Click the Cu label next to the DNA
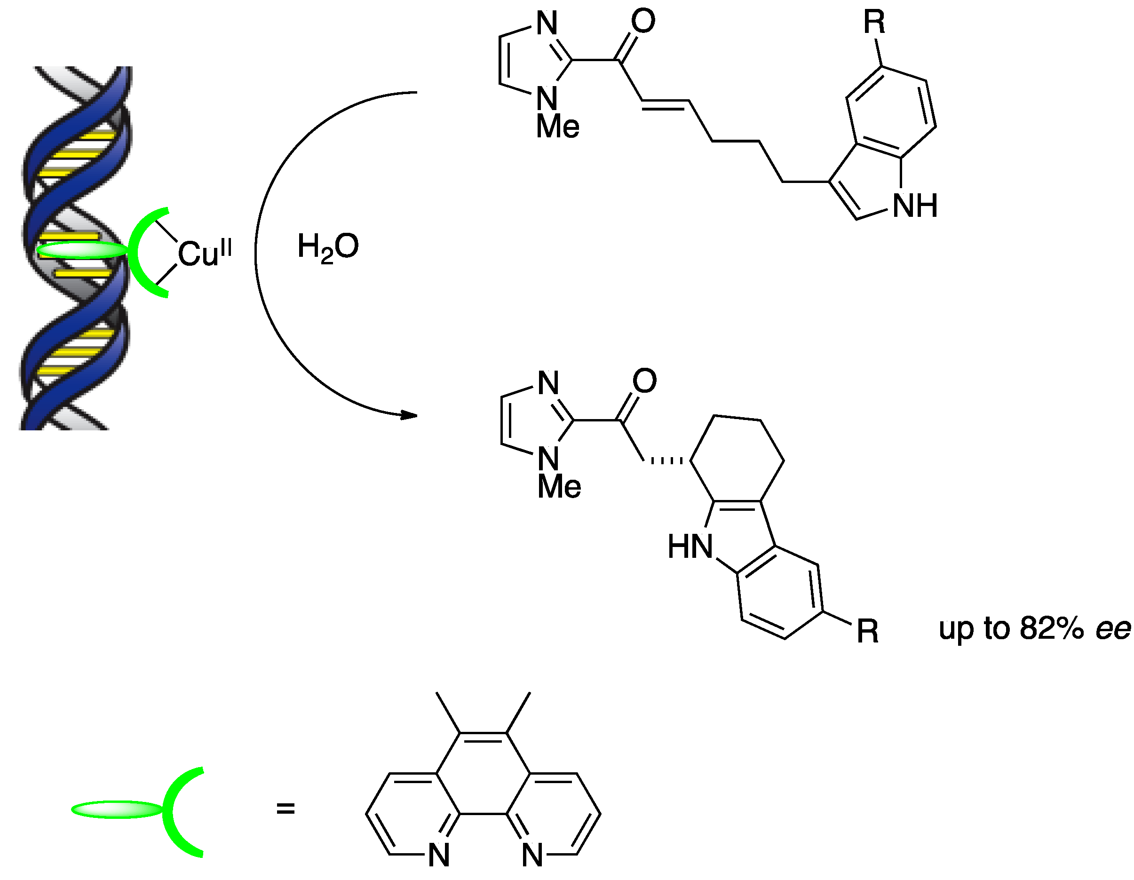pos(195,254)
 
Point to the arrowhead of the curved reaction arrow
pos(410,415)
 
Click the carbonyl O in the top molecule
pos(643,21)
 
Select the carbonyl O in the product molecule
pos(644,381)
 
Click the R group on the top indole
pos(874,22)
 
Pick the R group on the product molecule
pos(868,631)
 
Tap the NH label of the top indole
pos(915,206)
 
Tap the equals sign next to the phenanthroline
pos(285,809)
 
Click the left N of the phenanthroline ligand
pos(439,855)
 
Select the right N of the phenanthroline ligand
pos(532,855)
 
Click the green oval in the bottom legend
pos(117,809)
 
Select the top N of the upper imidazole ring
pos(547,24)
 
